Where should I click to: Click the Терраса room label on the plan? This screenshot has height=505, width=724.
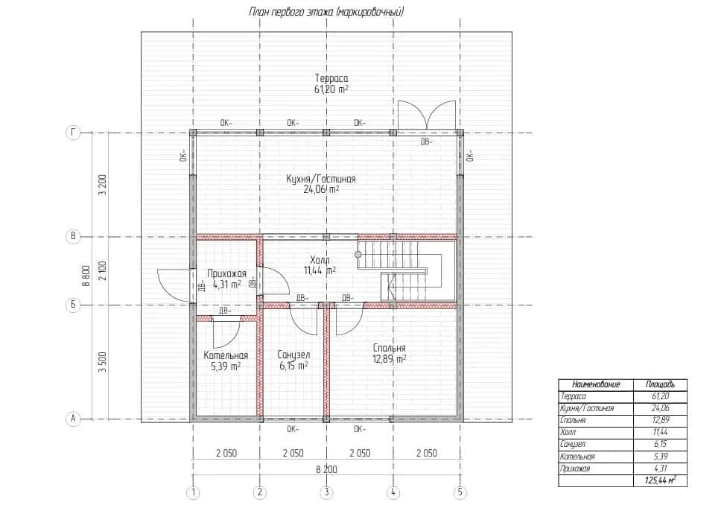tap(331, 78)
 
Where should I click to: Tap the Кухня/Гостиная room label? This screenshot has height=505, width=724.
tap(321, 179)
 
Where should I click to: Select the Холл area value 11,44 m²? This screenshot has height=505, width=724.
tap(320, 270)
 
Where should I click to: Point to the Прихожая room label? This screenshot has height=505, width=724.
tap(226, 274)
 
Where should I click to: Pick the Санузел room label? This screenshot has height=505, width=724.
tap(293, 355)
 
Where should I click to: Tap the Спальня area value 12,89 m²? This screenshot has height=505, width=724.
tap(390, 359)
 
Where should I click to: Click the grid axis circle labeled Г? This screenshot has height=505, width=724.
tap(73, 133)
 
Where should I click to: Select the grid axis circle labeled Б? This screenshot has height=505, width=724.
tap(73, 305)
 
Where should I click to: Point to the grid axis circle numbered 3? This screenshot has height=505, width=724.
tap(326, 492)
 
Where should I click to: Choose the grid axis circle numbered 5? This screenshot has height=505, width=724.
tap(460, 492)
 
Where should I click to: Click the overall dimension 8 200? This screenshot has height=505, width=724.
tap(326, 469)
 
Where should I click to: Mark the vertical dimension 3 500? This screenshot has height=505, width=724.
tap(103, 362)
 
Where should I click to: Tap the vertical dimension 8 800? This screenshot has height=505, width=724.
tap(86, 276)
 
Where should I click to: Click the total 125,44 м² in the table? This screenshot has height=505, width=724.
tap(660, 481)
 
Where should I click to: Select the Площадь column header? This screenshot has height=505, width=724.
tap(660, 384)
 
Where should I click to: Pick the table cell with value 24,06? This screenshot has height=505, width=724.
tap(660, 408)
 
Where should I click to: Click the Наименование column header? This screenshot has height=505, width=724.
tap(596, 384)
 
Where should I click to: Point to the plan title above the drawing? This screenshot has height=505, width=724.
tap(326, 11)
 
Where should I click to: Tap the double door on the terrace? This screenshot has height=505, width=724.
tap(427, 115)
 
